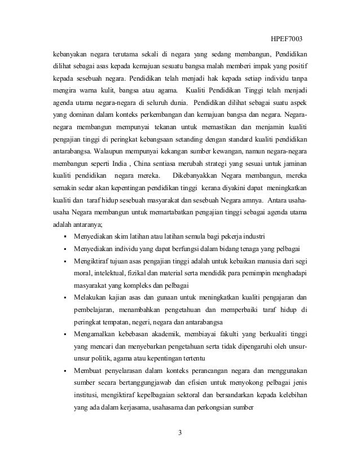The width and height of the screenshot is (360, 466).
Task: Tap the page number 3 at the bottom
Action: (x=179, y=433)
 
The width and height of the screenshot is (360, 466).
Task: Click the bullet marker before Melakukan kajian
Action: (x=67, y=297)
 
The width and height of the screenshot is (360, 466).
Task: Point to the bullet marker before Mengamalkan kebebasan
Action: (x=67, y=333)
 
